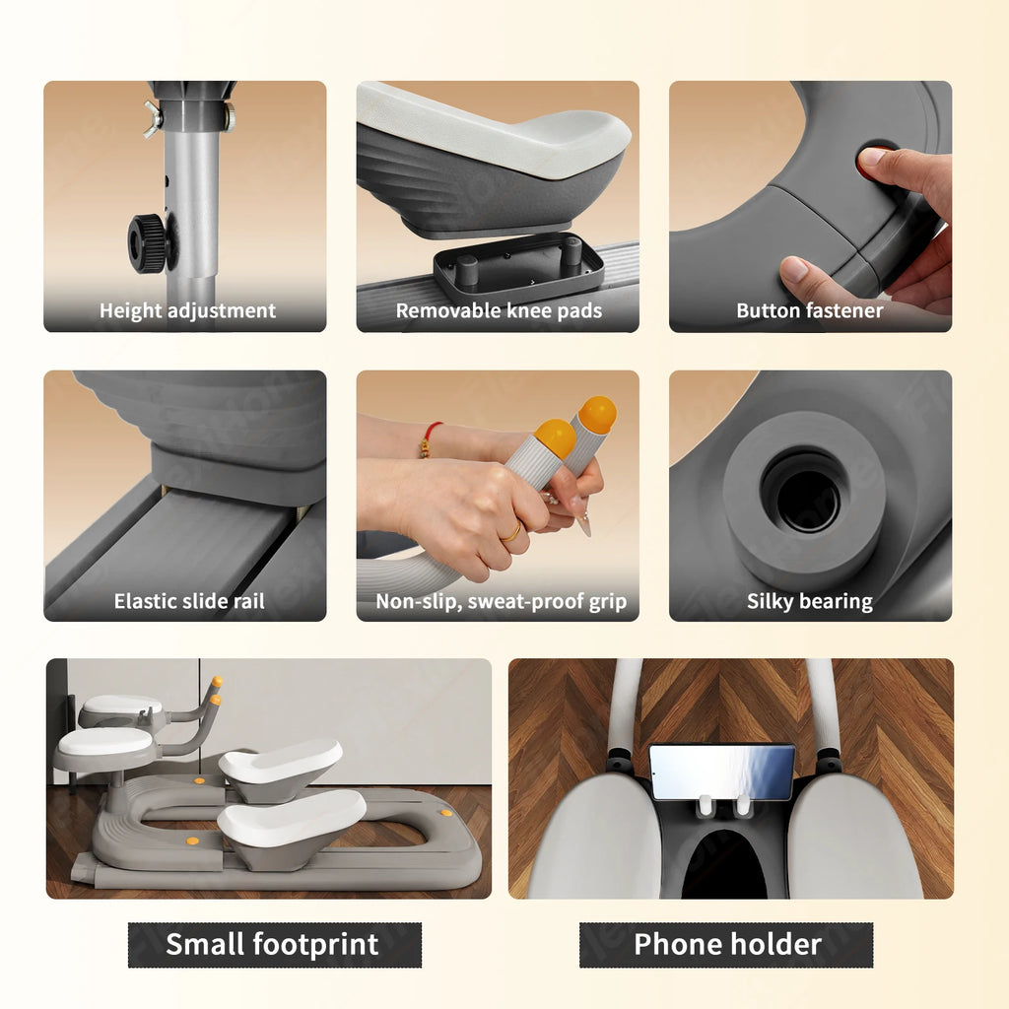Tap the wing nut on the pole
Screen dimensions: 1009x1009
click(x=153, y=119)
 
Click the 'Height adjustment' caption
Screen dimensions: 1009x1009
click(x=187, y=310)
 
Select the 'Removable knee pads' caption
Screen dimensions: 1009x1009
click(x=499, y=310)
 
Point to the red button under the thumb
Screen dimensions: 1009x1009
click(x=870, y=161)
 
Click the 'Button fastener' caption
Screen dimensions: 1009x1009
click(x=810, y=310)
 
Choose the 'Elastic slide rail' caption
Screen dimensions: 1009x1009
click(x=189, y=601)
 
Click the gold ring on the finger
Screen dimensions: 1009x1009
click(x=512, y=533)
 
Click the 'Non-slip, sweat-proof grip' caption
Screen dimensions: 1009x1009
click(x=501, y=601)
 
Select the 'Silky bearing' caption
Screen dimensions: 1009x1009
click(x=810, y=601)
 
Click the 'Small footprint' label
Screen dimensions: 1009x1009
click(x=272, y=944)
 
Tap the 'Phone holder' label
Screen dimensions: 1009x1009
click(x=728, y=944)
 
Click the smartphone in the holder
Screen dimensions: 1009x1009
click(x=721, y=773)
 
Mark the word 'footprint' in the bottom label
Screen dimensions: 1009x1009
click(x=316, y=944)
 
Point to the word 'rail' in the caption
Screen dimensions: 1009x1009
click(x=249, y=601)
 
